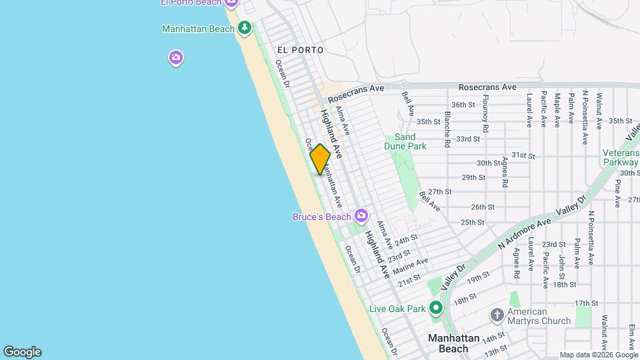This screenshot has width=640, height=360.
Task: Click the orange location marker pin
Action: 320,159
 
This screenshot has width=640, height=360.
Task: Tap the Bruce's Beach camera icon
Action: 361,215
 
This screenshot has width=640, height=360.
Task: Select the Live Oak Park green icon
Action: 436,308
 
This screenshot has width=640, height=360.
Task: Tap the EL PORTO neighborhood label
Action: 300,50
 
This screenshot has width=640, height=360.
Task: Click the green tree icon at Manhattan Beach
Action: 245,27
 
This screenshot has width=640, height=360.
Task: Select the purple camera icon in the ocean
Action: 175,58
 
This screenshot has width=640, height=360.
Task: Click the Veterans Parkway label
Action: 621,157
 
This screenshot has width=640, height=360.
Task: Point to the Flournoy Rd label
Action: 486,114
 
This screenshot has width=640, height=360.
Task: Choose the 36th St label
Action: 462,105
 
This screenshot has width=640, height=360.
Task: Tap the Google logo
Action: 22,352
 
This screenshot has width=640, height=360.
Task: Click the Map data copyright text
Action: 598,355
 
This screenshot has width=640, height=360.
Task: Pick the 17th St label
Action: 586,303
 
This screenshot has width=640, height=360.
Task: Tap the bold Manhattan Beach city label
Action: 453,343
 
